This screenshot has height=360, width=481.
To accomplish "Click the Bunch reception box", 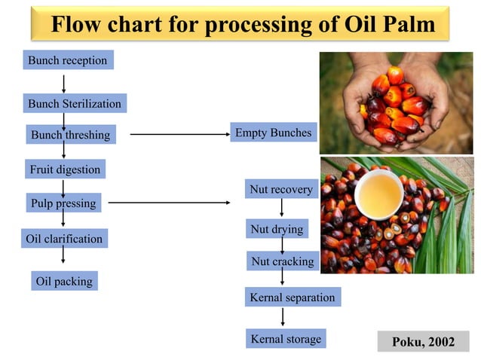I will pyautogui.click(x=68, y=60).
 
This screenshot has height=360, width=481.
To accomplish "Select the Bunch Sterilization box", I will pyautogui.click(x=74, y=103).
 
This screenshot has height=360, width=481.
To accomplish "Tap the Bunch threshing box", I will pyautogui.click(x=70, y=136).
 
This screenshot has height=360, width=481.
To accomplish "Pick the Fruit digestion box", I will pyautogui.click(x=64, y=169).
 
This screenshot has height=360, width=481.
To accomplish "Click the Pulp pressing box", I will pyautogui.click(x=63, y=203).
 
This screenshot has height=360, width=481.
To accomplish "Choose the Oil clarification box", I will pyautogui.click(x=64, y=239).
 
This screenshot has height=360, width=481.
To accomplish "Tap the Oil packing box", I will pyautogui.click(x=64, y=281).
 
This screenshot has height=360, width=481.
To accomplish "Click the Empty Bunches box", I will pyautogui.click(x=273, y=133).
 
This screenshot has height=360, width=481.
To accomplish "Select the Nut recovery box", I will pyautogui.click(x=280, y=190).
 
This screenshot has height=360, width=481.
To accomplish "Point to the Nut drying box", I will pyautogui.click(x=276, y=228).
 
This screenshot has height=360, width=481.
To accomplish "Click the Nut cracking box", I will pyautogui.click(x=282, y=261).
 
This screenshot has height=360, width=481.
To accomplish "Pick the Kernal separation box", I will pyautogui.click(x=292, y=297).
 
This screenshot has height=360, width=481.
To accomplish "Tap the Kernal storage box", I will pyautogui.click(x=285, y=339).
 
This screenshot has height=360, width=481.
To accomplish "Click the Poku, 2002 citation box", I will pyautogui.click(x=423, y=342).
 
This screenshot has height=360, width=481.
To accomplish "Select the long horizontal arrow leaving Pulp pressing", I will pyautogui.click(x=170, y=203).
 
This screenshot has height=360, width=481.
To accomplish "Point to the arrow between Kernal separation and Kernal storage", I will pyautogui.click(x=283, y=317).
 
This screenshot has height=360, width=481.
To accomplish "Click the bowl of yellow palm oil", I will pyautogui.click(x=379, y=194).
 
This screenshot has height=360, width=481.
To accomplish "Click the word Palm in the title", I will pyautogui.click(x=405, y=25).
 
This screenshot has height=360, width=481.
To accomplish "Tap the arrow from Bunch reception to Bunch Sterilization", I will pyautogui.click(x=65, y=81).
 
